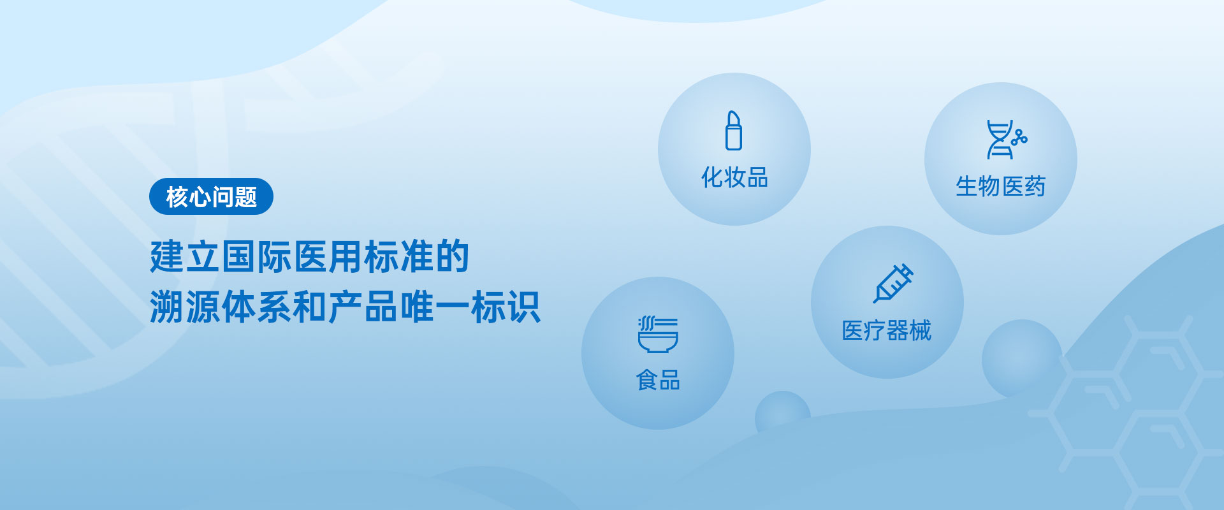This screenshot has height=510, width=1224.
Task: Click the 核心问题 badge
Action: pos(211,196)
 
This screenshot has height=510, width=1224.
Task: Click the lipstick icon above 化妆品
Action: pos(734,131)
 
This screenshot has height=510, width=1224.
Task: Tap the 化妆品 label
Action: pos(734,177)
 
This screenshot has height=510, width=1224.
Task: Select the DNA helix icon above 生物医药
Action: pos(1000,140)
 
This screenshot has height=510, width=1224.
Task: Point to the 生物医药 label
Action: pos(1000,187)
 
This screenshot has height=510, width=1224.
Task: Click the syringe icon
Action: pos(893,283)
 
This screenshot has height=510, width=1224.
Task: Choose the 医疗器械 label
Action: pos(887,330)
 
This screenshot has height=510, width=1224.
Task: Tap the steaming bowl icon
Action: pos(658,334)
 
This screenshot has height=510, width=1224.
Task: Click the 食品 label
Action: pos(658,381)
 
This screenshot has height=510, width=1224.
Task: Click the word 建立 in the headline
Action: pos(185,257)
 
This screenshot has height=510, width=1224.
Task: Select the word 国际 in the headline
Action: pos(256,257)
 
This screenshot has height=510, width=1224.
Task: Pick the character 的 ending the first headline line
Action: pos(452,257)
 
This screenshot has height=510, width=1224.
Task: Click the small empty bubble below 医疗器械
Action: pos(1022,358)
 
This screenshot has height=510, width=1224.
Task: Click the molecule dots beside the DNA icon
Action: pos(1019,138)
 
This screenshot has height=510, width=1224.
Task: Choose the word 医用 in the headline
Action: pos(328,257)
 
